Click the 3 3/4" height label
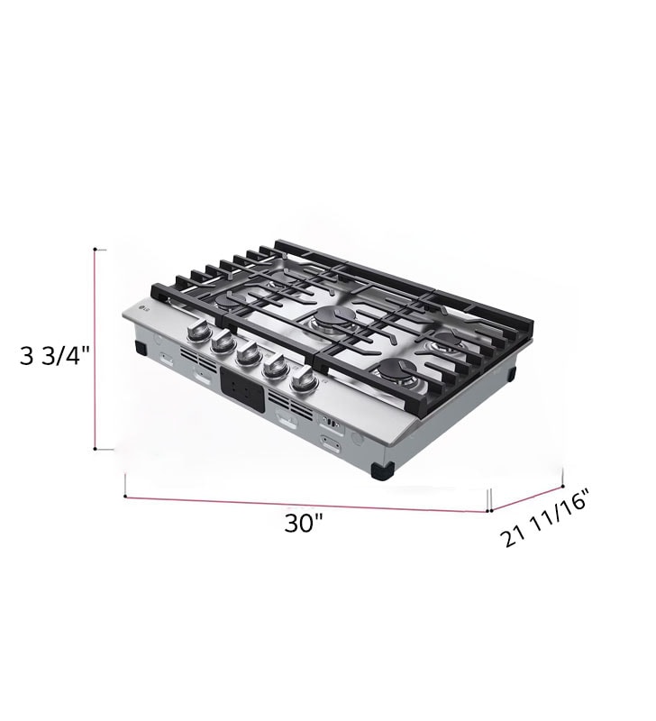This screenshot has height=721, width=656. [x=53, y=355]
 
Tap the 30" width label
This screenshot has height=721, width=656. [x=303, y=523]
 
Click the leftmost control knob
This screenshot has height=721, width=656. [x=198, y=332]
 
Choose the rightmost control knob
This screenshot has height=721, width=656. [x=302, y=380]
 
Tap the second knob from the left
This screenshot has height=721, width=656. [x=223, y=343]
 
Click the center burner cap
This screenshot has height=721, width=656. [x=334, y=316]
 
